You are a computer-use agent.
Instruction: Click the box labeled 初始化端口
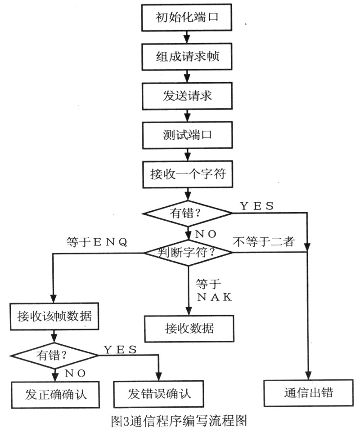click(x=188, y=18)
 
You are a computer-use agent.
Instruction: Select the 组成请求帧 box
click(x=188, y=57)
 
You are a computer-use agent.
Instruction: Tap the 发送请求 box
click(x=188, y=96)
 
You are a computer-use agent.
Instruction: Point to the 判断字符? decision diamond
click(x=188, y=252)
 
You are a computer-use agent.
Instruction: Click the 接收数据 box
click(x=189, y=328)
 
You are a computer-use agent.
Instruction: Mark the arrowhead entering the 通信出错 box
click(x=309, y=377)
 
